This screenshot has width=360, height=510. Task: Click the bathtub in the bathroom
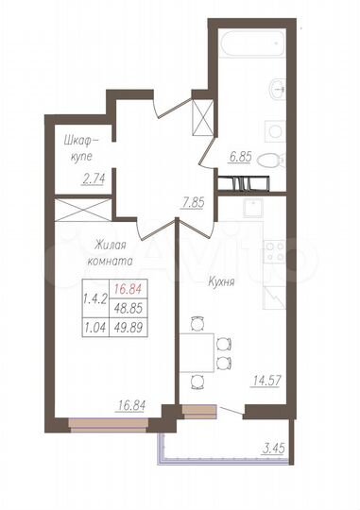(x=254, y=45)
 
